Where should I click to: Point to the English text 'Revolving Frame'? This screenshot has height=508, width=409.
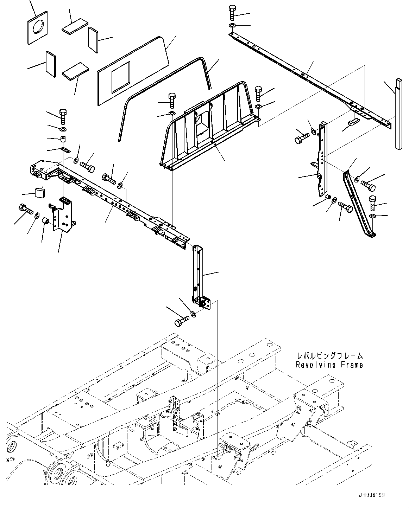click(x=329, y=365)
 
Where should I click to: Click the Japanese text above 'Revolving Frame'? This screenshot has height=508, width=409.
click(x=329, y=356)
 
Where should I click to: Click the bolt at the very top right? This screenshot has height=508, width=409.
click(x=233, y=13)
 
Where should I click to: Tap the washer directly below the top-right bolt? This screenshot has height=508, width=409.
click(x=233, y=26)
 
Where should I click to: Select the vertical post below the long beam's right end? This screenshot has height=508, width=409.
click(x=196, y=271)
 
